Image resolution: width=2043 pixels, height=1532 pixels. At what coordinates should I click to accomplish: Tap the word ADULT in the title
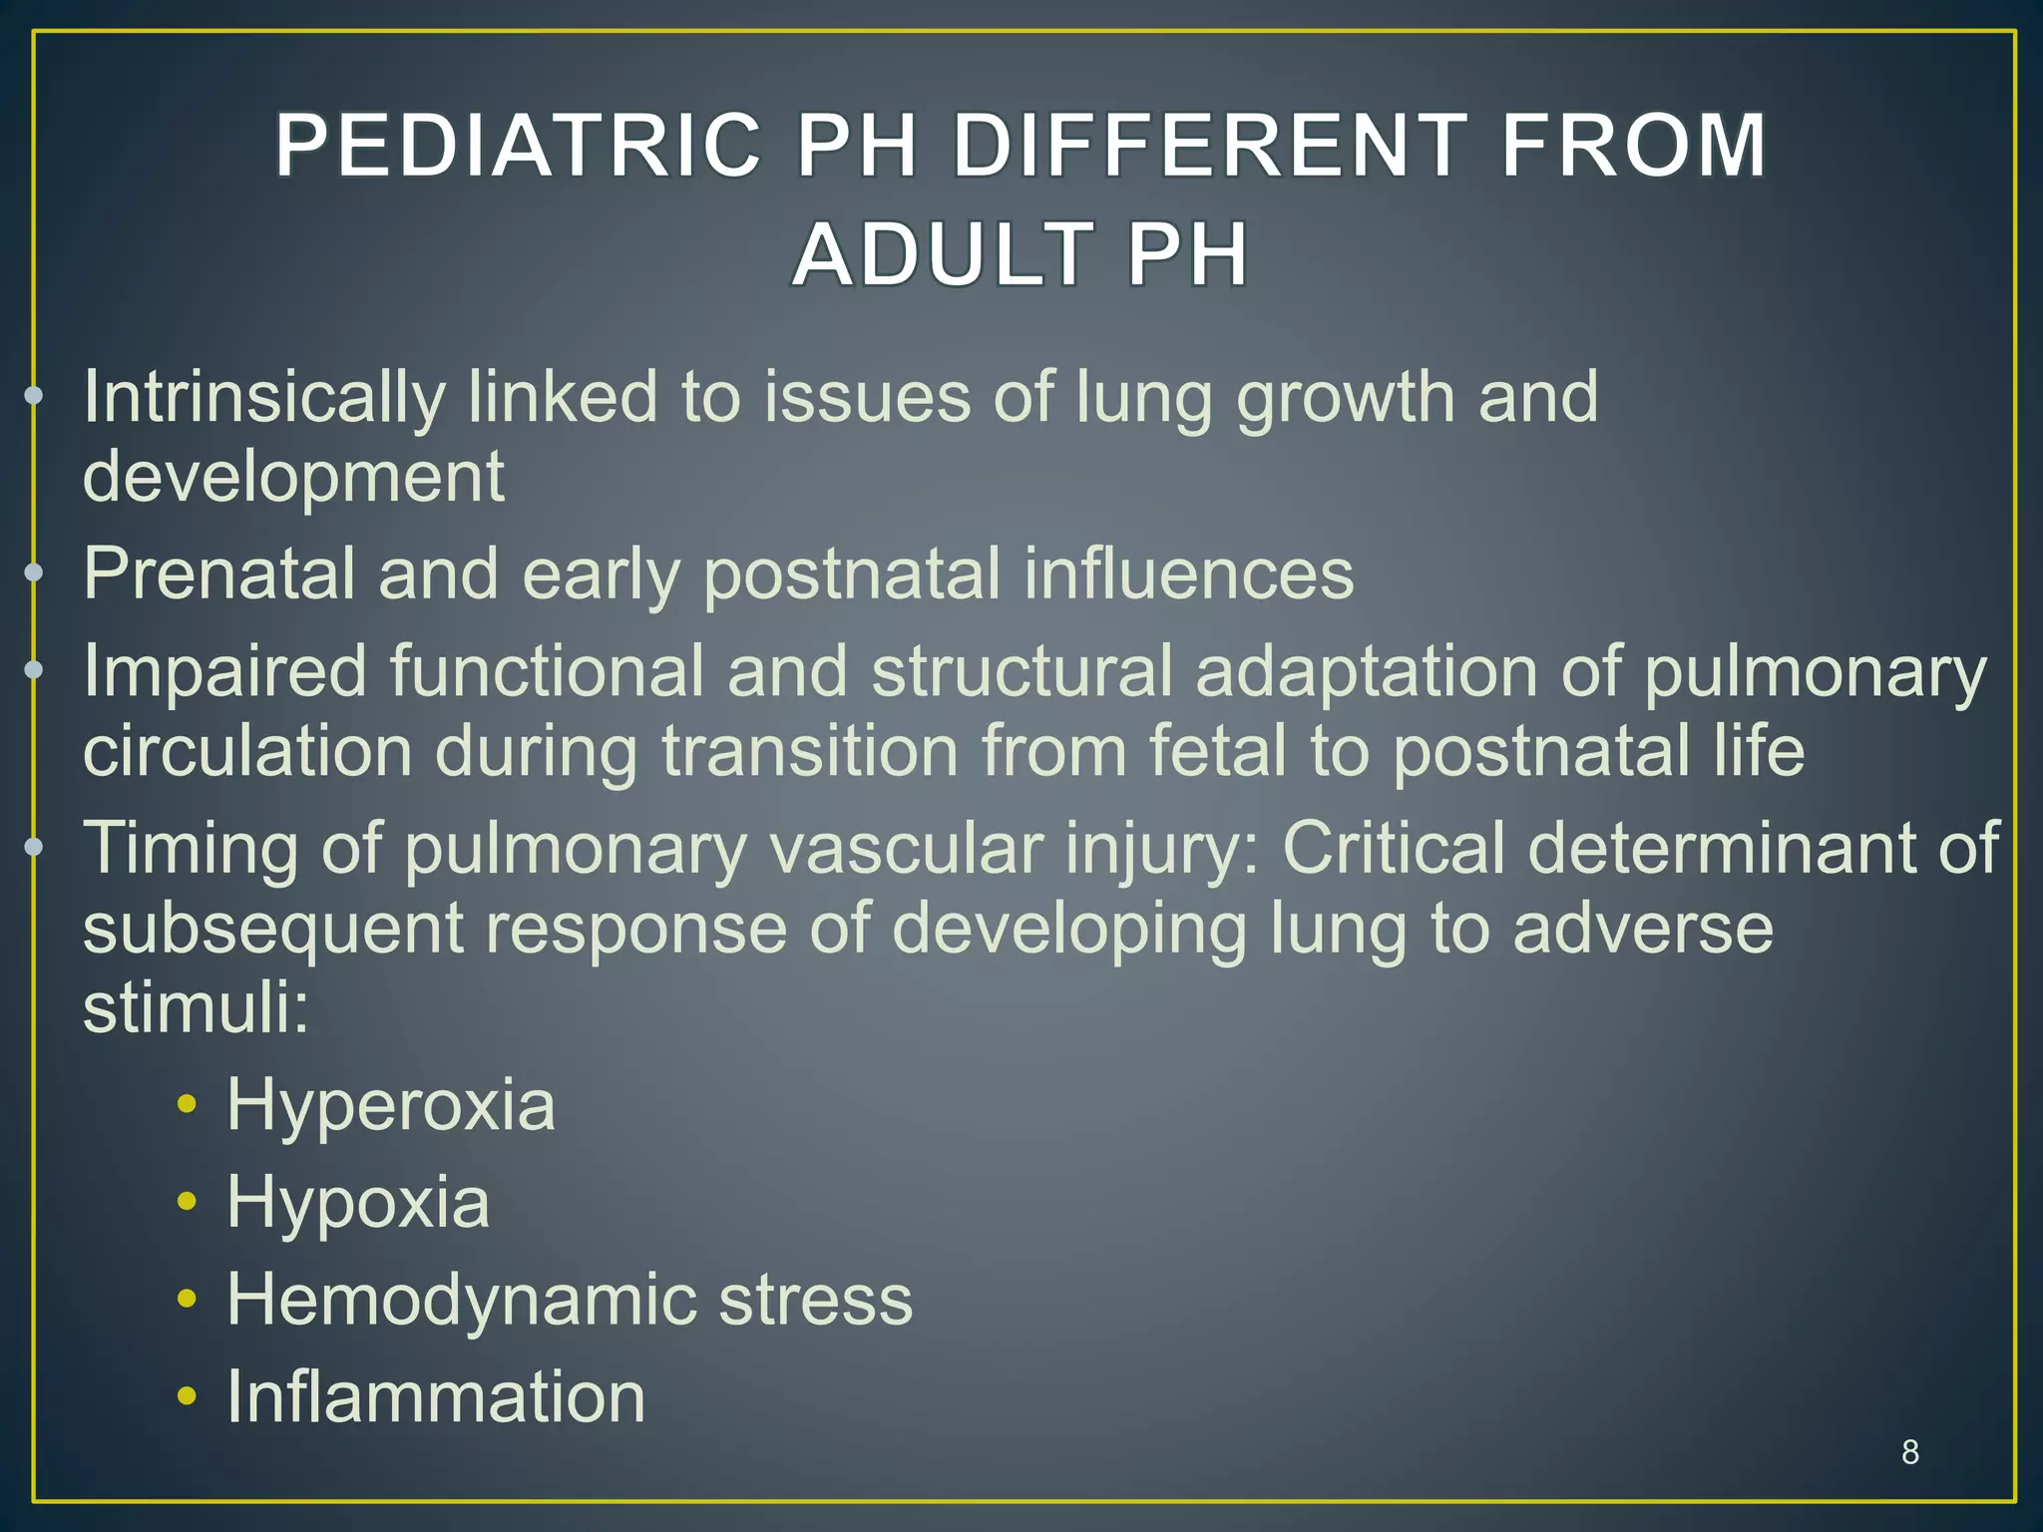pos(939,254)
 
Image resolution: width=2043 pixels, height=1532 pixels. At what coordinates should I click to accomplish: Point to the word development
pos(293,476)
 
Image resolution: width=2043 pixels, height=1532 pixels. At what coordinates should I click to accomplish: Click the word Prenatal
pos(218,574)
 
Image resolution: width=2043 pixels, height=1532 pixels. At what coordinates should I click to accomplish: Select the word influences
pos(1177,574)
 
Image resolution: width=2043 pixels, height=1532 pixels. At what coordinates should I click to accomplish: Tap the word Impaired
pos(224,671)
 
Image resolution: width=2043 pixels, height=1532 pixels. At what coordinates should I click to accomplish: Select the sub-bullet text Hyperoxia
pos(390,1105)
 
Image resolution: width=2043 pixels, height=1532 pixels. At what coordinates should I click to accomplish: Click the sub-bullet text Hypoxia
pos(358,1203)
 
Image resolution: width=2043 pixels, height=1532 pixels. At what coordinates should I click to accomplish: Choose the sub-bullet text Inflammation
pos(436,1396)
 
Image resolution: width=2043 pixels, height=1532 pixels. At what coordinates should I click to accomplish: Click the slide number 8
pos(1909,1452)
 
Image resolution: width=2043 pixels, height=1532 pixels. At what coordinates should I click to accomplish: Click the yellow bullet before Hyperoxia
pos(187,1105)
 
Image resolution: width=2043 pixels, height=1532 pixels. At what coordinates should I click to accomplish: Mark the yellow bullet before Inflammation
pos(187,1396)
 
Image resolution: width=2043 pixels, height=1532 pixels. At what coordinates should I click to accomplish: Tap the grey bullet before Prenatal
pos(34,573)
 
